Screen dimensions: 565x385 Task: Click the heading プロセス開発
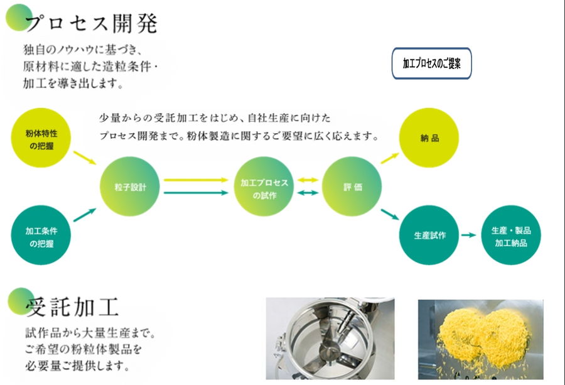tap(92, 23)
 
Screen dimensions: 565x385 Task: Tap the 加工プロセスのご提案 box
tap(432, 63)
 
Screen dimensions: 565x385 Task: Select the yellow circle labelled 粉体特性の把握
tap(41, 138)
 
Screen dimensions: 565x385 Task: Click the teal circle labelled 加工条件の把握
tap(41, 235)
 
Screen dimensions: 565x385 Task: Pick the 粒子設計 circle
tap(130, 187)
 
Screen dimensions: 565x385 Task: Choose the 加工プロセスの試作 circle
tap(264, 187)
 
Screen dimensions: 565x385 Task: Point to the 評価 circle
tap(352, 187)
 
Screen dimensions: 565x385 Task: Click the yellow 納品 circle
tap(429, 138)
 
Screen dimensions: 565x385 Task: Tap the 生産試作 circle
tap(429, 235)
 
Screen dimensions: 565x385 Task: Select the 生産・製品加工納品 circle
tap(511, 235)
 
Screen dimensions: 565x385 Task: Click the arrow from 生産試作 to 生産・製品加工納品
tap(469, 235)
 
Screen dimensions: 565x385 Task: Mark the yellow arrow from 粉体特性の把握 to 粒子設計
tap(85, 158)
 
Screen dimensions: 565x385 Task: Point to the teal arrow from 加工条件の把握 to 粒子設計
tap(85, 215)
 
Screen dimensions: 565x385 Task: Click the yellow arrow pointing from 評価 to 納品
tap(390, 158)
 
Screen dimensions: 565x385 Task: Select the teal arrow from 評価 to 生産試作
tap(390, 214)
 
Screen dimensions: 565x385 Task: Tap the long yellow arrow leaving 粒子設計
tap(196, 180)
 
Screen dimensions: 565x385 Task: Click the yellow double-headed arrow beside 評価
tap(308, 180)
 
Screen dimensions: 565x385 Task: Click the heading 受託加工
tap(72, 307)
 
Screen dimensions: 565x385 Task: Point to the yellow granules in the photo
tap(483, 337)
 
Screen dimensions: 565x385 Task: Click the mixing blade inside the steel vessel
tap(330, 352)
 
